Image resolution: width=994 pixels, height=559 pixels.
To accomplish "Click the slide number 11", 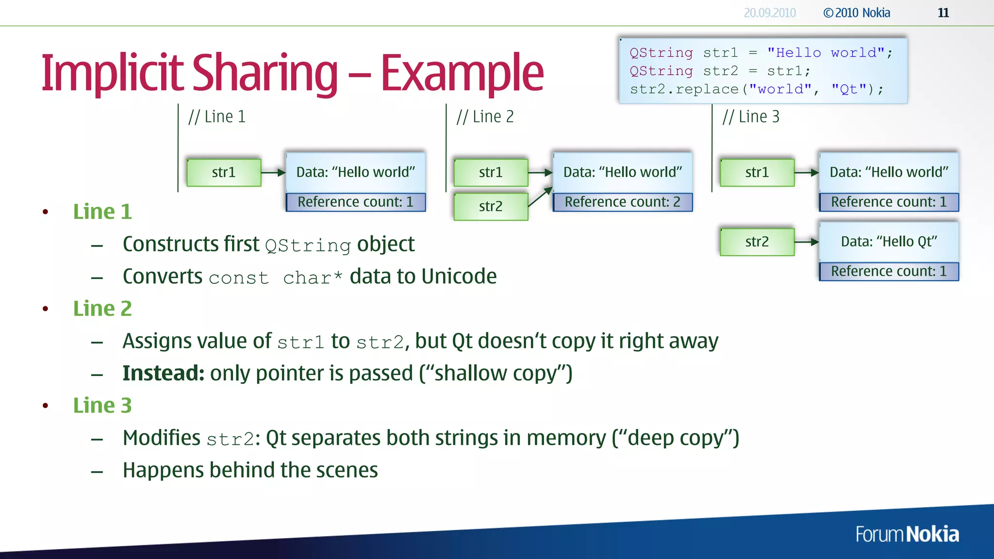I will point(943,13).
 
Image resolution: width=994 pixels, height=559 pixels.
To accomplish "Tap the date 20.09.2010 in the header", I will point(770,13).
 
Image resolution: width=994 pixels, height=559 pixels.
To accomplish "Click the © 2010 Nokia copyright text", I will point(857,13).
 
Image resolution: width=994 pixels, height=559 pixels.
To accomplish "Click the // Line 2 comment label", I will point(485,117).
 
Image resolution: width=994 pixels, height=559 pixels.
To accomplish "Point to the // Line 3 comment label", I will point(751,117).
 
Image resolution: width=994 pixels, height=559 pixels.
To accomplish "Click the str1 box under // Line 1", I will point(224,172).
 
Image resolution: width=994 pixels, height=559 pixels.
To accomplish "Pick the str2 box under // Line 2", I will point(491,206).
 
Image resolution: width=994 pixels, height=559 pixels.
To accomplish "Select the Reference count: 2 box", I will point(622,202).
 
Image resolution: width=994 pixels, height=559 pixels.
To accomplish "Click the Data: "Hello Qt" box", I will point(889,242).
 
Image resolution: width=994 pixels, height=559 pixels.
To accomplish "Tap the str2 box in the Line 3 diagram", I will point(757,242).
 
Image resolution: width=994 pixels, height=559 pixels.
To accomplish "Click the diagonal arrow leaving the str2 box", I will point(540,197).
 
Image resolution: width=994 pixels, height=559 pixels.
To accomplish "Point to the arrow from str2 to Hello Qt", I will point(807,242).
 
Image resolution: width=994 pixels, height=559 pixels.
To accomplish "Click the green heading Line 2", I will point(102,309).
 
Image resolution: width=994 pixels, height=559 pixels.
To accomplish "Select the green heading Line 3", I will point(102,406).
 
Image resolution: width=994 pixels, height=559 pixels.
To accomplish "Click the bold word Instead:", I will point(163,373).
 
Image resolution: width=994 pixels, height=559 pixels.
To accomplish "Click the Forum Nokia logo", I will point(907,534).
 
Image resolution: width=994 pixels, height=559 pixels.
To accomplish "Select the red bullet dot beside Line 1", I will point(45,212).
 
